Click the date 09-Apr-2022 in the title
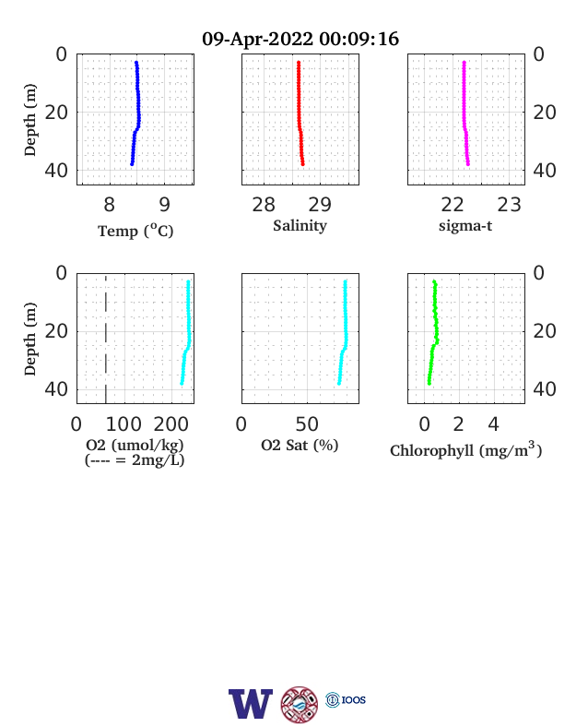click(x=257, y=39)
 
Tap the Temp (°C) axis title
click(x=135, y=231)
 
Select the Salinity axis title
click(x=300, y=225)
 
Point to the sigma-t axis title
click(x=465, y=225)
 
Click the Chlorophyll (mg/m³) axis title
click(x=465, y=449)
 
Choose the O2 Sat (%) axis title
click(x=300, y=445)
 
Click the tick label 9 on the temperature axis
click(x=165, y=205)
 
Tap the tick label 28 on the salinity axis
click(x=264, y=205)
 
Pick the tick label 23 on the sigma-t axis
click(x=510, y=205)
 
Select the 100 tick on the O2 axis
click(x=124, y=424)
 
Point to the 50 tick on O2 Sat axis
click(x=307, y=424)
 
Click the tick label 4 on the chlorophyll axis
click(x=494, y=424)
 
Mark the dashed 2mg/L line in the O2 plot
click(x=106, y=340)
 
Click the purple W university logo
click(x=251, y=704)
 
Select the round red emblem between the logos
click(x=300, y=705)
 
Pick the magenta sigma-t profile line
click(x=465, y=113)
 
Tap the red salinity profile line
click(x=300, y=113)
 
